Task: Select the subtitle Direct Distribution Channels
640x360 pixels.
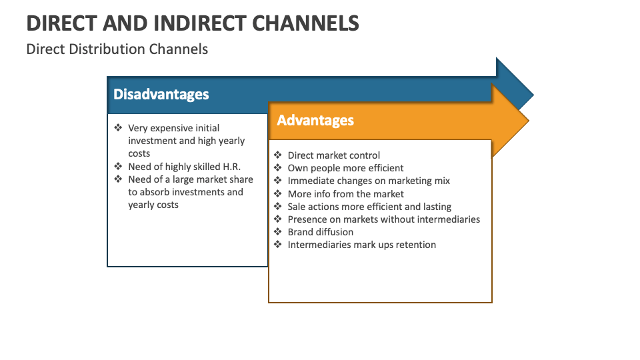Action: click(117, 49)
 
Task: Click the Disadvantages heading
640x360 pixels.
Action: click(161, 95)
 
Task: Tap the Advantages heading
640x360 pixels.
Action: click(315, 121)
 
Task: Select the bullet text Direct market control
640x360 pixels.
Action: click(333, 155)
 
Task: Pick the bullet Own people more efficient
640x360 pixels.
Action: click(345, 168)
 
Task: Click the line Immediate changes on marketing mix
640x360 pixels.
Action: click(369, 181)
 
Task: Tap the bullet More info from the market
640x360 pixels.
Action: click(345, 194)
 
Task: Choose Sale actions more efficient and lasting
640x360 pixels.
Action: click(369, 207)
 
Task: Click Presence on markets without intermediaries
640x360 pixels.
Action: click(383, 219)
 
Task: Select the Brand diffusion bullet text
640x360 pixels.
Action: click(320, 232)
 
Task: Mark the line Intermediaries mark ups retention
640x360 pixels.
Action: click(361, 245)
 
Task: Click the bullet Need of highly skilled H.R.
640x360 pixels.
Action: click(184, 167)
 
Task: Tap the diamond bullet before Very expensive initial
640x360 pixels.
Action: click(118, 128)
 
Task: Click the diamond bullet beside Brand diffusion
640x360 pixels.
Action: click(278, 232)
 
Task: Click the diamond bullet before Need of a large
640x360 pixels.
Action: click(118, 179)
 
